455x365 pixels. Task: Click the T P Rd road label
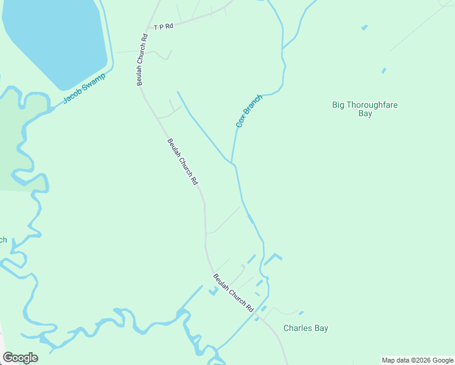163,27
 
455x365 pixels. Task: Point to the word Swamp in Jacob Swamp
93,82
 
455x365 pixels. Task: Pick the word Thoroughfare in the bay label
373,105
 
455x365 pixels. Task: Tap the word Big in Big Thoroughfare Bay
339,105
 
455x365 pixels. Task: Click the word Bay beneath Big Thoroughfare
365,114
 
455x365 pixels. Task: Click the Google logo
20,358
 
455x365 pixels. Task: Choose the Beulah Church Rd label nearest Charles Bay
233,293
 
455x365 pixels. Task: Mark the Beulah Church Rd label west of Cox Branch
182,162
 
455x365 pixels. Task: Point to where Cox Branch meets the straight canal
232,163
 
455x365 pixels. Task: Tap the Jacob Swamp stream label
84,89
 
